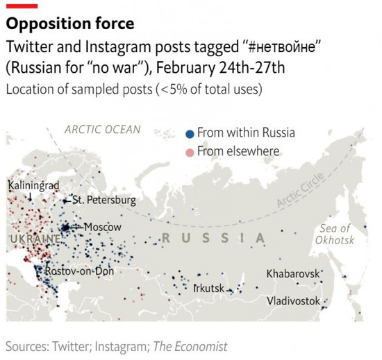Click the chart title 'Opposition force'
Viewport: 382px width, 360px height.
click(70, 25)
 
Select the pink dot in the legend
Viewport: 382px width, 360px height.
click(190, 151)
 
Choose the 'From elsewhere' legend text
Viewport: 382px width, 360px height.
click(238, 151)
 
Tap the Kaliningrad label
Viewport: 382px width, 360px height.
click(34, 185)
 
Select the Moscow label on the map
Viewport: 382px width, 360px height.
click(103, 227)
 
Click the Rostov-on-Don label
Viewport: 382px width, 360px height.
click(78, 271)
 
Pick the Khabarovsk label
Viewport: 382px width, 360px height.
click(292, 273)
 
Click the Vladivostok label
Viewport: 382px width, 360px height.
click(293, 301)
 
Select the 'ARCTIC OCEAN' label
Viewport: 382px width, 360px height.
click(102, 129)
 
